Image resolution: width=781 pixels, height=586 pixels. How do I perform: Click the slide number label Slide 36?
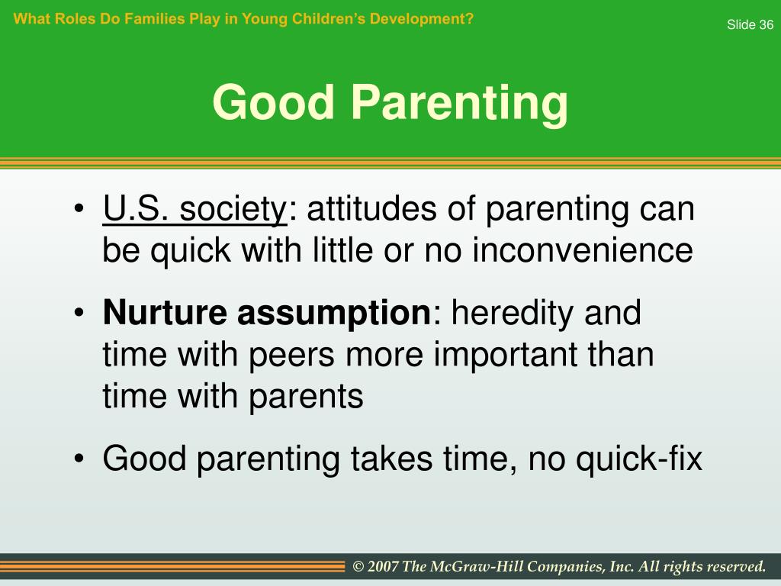click(750, 24)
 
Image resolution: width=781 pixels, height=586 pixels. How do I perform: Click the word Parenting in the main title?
click(460, 104)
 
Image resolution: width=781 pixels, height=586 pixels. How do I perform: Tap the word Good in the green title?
click(273, 102)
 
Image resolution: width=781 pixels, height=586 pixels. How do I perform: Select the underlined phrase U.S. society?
click(194, 209)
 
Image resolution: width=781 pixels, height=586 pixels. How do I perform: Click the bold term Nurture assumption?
click(266, 314)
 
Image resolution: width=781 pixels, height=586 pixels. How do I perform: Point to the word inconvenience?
click(582, 250)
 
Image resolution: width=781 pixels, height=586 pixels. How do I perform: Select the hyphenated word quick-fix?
click(639, 459)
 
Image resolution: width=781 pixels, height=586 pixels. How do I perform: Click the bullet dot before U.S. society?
click(79, 208)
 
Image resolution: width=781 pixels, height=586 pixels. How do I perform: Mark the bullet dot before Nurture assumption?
click(79, 313)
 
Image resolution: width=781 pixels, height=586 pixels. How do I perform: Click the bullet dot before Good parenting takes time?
click(79, 458)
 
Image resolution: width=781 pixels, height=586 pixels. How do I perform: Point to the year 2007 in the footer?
click(383, 567)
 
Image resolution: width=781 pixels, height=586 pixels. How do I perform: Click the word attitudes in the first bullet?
click(371, 208)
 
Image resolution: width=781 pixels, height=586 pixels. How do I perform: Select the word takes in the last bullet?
click(392, 459)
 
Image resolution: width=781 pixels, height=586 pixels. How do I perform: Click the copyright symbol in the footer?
click(358, 567)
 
